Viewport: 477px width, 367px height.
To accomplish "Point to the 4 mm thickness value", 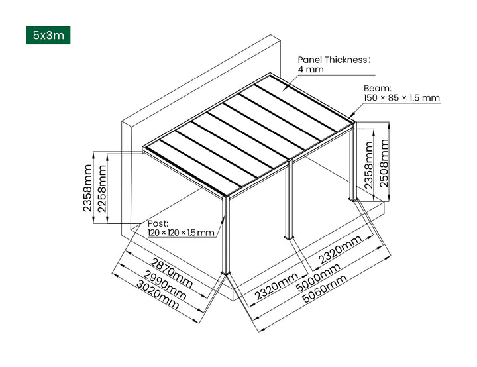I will point(311,70).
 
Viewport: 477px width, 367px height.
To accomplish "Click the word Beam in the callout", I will point(377,87).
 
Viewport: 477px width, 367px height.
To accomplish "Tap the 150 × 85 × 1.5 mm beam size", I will point(401,98).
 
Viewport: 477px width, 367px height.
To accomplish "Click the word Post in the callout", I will point(158,223).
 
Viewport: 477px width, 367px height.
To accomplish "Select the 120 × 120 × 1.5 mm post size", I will point(181,233).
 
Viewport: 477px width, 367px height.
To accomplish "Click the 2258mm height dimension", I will point(101,188).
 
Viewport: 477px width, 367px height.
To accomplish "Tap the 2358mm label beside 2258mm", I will point(87,188).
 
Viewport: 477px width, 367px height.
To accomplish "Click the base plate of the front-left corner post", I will point(226,273).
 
